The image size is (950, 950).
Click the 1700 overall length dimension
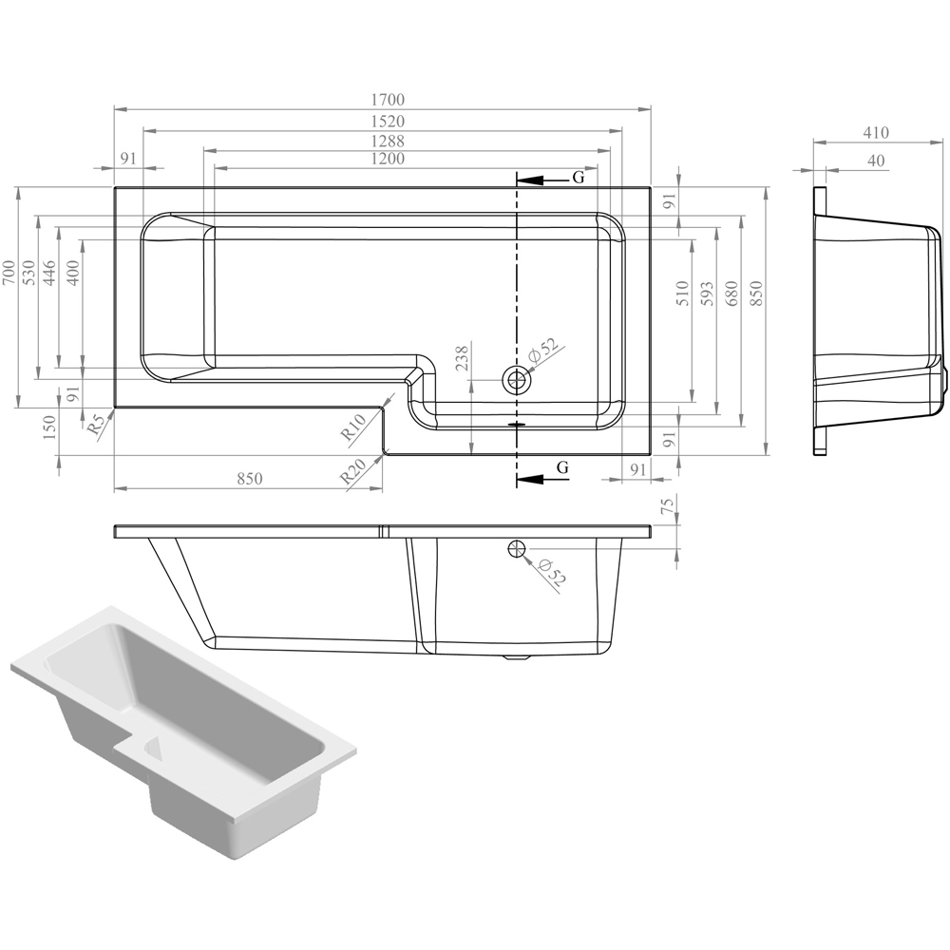point(388,100)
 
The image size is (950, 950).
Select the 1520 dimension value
point(388,122)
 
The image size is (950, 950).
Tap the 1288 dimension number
point(388,142)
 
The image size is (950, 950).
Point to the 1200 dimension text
point(388,159)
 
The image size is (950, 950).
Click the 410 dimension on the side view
point(876,132)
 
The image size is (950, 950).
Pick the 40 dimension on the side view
point(876,161)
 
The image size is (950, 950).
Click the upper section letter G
point(579,178)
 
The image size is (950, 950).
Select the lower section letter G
point(562,467)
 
